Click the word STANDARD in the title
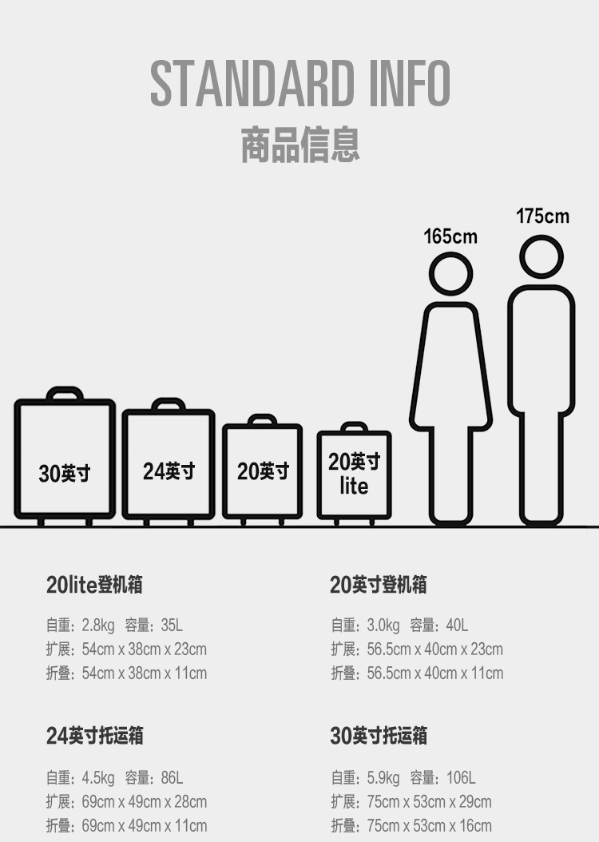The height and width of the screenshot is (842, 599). pos(251,83)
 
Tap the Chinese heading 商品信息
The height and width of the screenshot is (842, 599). pos(300,145)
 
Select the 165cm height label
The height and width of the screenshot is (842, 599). pos(450,236)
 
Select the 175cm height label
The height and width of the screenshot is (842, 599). pos(542,216)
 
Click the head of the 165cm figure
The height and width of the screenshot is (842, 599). pos(451,273)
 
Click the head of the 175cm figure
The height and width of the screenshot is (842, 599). pos(541,257)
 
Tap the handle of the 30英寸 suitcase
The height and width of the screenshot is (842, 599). pos(65,394)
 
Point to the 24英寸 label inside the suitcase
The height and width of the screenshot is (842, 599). pos(169,471)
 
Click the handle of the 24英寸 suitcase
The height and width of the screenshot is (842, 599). pos(168,404)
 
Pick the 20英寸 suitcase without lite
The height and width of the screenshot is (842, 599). pos(262,471)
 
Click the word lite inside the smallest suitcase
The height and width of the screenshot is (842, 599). pos(354,486)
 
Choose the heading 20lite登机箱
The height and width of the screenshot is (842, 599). pos(94,585)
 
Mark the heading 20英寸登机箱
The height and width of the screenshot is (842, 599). pos(379,585)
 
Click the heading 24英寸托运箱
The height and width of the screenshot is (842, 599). pos(95,736)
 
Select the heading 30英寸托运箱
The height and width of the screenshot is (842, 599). pos(379,736)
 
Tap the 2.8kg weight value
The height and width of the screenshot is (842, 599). pos(98,626)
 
